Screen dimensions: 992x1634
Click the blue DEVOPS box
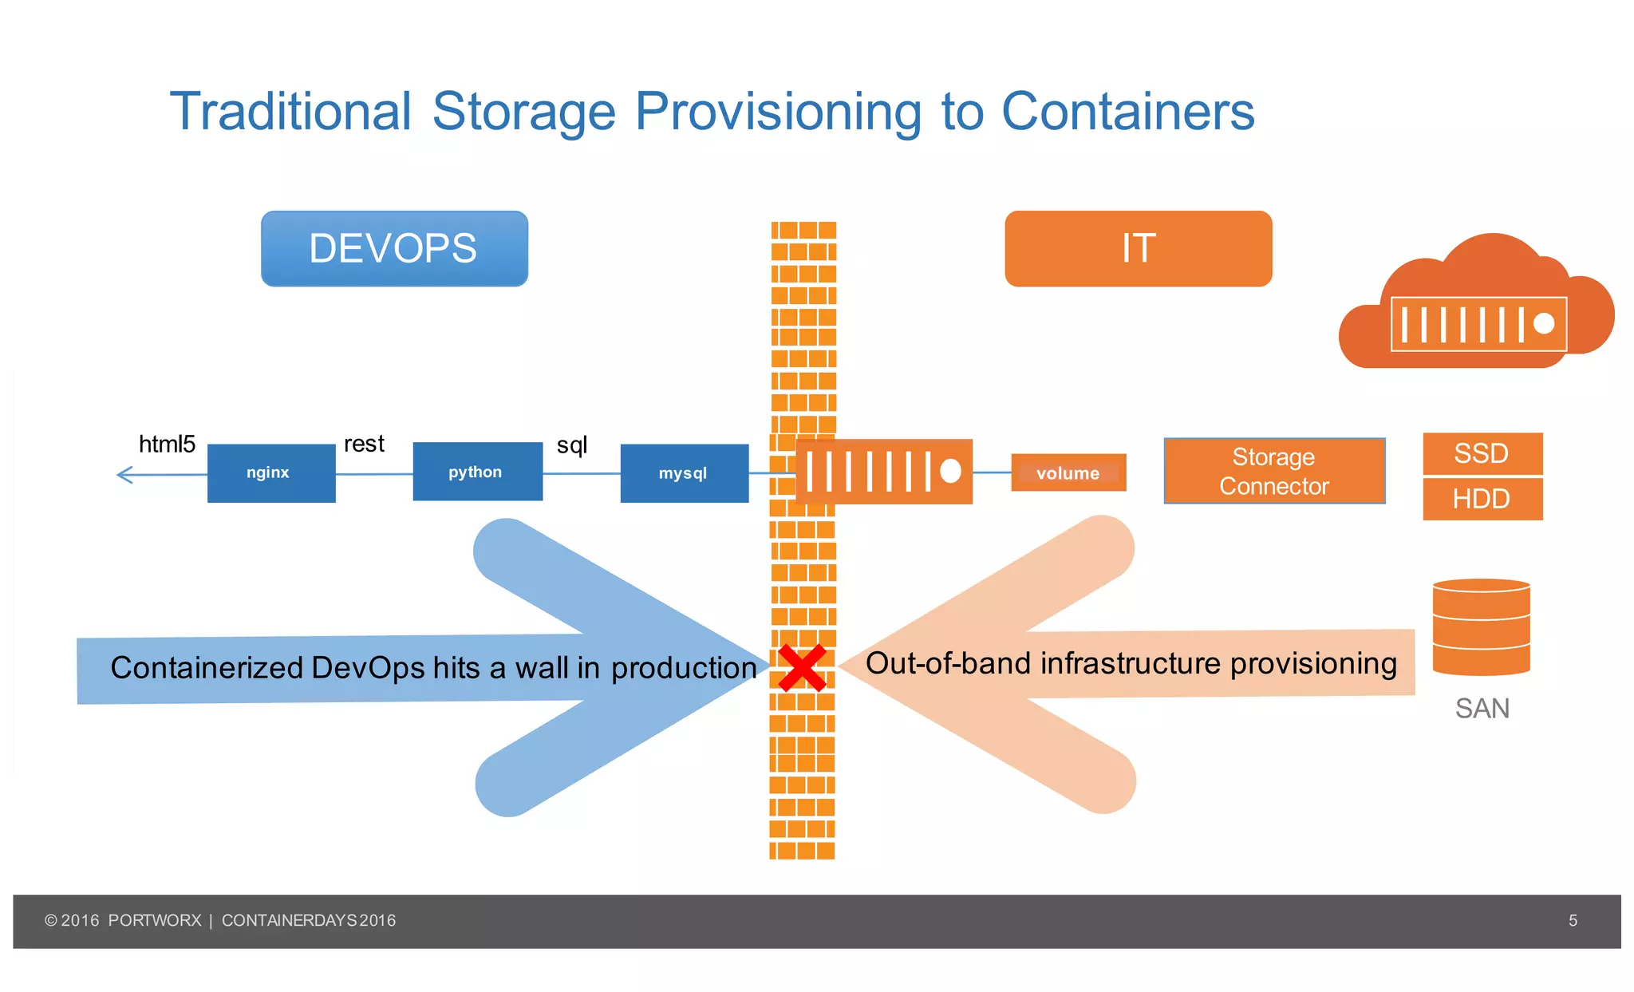tap(394, 248)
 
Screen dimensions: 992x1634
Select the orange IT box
tap(1138, 248)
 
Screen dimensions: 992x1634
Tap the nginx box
tap(271, 472)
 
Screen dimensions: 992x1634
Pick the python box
tap(477, 472)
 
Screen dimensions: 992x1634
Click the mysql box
tap(684, 473)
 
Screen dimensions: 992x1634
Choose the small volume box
tap(1068, 472)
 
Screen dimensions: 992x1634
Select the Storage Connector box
tap(1273, 471)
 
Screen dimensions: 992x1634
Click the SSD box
tap(1482, 453)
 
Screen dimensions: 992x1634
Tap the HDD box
tap(1482, 499)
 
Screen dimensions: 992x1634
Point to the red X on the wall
tap(802, 668)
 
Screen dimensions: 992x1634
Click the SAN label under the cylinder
tap(1482, 709)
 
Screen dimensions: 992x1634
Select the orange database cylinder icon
tap(1481, 627)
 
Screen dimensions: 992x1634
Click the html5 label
tap(167, 444)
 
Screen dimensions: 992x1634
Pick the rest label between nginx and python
tap(364, 444)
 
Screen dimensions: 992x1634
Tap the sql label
tap(571, 445)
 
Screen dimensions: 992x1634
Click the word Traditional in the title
tap(290, 111)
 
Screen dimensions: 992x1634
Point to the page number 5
tap(1573, 920)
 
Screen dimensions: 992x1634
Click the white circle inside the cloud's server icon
tap(1544, 323)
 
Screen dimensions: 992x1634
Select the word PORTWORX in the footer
tap(155, 920)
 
